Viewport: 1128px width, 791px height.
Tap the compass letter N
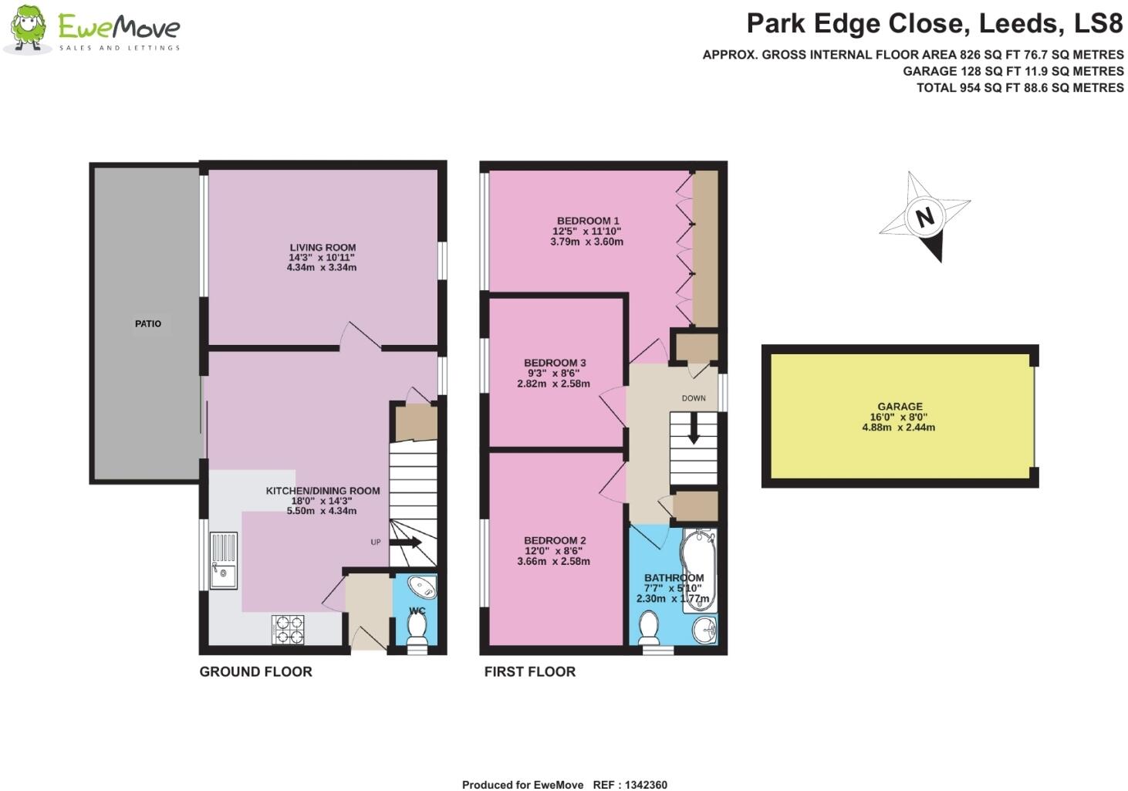[x=924, y=217]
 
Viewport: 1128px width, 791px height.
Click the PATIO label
[x=148, y=323]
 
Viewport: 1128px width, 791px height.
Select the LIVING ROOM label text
[x=323, y=248]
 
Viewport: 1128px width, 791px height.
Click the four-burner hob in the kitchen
[x=288, y=630]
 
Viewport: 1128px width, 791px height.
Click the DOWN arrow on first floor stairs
[x=693, y=428]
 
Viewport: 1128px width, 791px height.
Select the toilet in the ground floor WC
[x=417, y=630]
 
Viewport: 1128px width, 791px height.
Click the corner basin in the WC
[x=423, y=587]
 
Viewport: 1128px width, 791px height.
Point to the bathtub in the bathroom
[x=698, y=571]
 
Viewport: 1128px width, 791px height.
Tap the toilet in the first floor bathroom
[x=649, y=627]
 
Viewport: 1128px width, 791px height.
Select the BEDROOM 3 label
[x=555, y=363]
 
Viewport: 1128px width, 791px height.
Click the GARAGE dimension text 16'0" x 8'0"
[x=900, y=417]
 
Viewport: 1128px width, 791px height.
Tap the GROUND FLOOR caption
[x=255, y=671]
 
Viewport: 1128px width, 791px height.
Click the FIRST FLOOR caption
[x=529, y=671]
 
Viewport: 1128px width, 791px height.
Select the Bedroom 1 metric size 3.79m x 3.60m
[x=586, y=242]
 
